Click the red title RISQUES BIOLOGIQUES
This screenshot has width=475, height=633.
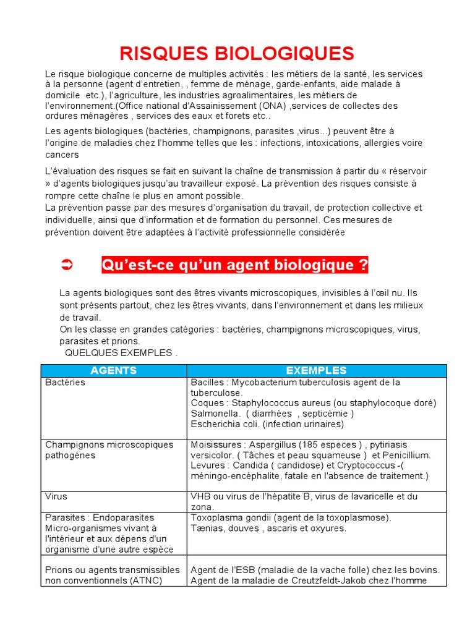pyautogui.click(x=237, y=53)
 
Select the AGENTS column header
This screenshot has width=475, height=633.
pyautogui.click(x=114, y=370)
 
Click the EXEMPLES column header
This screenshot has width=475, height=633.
pyautogui.click(x=316, y=370)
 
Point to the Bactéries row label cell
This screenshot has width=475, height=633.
pyautogui.click(x=66, y=383)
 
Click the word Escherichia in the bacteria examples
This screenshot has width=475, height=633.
pyautogui.click(x=216, y=424)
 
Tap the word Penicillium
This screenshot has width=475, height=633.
pyautogui.click(x=402, y=455)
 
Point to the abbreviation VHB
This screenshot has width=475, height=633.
pyautogui.click(x=202, y=496)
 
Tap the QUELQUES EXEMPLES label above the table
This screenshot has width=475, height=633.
pyautogui.click(x=121, y=353)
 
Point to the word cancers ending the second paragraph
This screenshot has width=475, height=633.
pyautogui.click(x=62, y=154)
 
